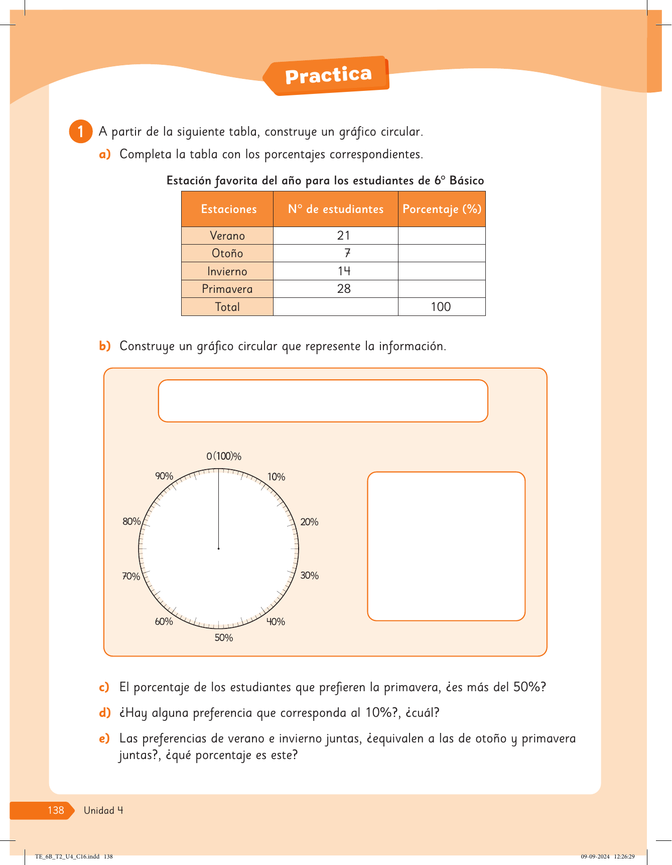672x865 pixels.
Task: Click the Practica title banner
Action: (x=328, y=76)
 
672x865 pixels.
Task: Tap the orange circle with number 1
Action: (x=80, y=132)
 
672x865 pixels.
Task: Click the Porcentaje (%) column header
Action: (x=442, y=209)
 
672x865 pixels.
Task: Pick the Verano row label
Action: (x=227, y=236)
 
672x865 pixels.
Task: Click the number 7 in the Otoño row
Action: (x=347, y=253)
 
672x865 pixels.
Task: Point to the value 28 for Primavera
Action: (x=344, y=289)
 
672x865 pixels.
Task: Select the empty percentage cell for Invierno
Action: (x=442, y=271)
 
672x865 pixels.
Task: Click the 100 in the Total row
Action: (x=441, y=307)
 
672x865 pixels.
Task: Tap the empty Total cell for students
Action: (x=335, y=307)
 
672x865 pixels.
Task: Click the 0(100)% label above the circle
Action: (x=224, y=456)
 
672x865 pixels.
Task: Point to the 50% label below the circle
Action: (x=224, y=638)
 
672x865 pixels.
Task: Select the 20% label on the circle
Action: (x=309, y=522)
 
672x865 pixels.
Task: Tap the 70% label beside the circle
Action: (x=131, y=576)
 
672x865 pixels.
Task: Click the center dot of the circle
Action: (x=218, y=549)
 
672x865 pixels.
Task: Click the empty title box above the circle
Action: (x=323, y=401)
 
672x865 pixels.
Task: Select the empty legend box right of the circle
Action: (x=446, y=546)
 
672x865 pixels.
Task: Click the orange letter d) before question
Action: (x=104, y=713)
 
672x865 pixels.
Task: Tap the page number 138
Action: (x=56, y=810)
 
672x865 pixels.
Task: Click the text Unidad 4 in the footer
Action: (x=103, y=810)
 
